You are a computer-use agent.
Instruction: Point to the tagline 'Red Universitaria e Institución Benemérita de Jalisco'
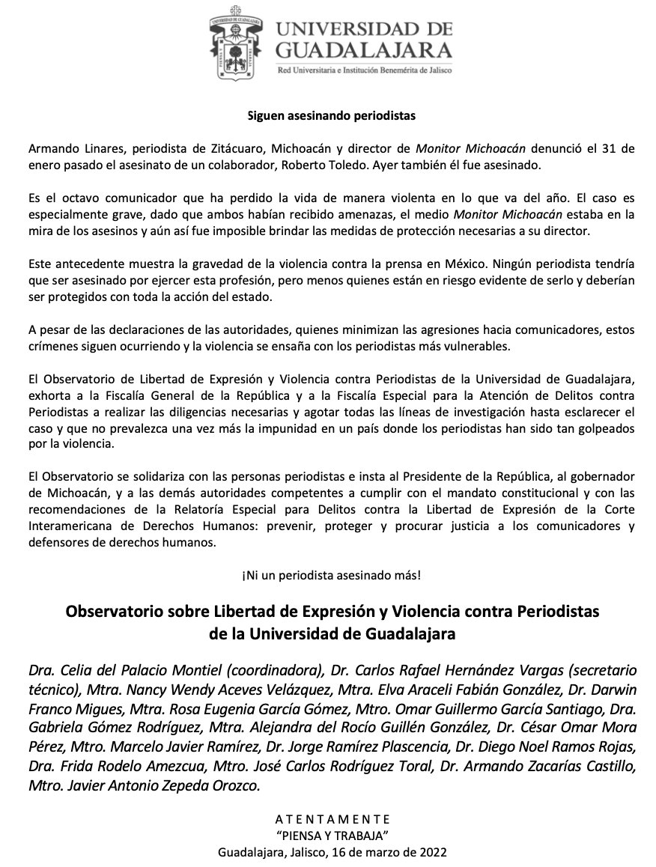pos(365,70)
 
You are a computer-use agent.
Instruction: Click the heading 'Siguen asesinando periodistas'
pos(330,116)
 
